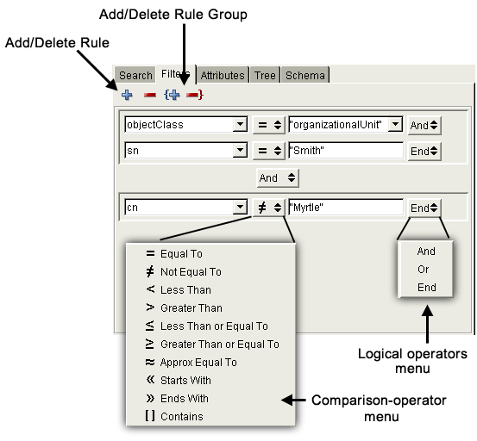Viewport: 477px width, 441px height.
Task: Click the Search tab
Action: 135,75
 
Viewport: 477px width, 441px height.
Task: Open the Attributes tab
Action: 223,75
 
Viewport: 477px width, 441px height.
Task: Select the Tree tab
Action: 265,75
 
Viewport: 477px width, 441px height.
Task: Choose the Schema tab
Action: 304,75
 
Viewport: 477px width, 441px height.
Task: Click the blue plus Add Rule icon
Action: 127,95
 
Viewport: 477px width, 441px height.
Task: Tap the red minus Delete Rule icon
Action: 150,96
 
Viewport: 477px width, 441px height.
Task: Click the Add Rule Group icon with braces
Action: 172,95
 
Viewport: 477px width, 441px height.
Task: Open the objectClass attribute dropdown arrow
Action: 240,125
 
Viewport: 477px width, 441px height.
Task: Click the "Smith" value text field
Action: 346,151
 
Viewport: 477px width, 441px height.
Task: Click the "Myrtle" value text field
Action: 346,208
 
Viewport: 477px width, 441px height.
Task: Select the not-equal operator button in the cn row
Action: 269,208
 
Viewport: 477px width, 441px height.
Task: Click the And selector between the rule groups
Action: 278,177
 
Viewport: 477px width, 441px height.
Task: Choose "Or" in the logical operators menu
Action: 424,269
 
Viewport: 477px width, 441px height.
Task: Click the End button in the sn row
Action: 424,151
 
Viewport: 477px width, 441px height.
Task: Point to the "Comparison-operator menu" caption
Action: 379,408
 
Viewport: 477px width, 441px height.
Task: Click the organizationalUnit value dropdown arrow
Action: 395,124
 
